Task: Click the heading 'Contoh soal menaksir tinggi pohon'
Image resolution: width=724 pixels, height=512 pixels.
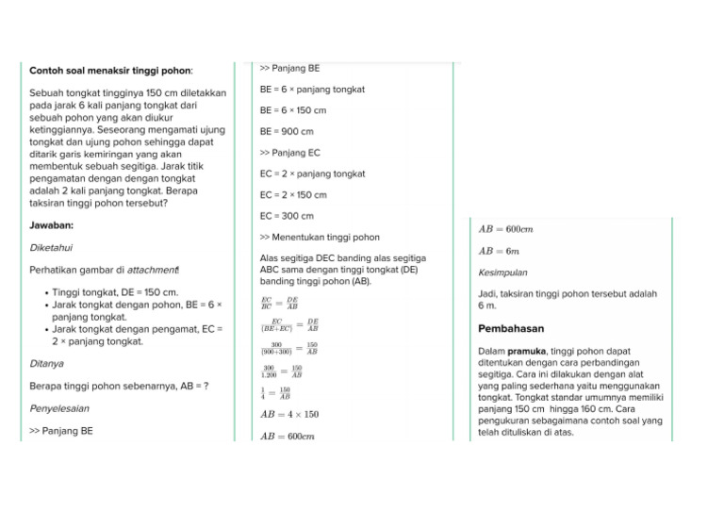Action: pos(111,71)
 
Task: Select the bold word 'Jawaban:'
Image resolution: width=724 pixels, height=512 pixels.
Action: pos(52,225)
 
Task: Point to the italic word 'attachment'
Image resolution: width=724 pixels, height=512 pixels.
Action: pos(152,271)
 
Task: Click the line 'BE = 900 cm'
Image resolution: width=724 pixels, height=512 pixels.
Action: pos(287,132)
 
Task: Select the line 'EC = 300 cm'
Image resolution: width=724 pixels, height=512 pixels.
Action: pos(287,217)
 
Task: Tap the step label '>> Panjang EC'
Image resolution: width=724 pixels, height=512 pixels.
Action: pos(289,153)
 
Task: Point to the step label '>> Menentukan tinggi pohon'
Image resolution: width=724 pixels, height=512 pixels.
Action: pos(320,238)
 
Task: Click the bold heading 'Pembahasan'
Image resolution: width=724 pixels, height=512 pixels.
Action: pos(511,329)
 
